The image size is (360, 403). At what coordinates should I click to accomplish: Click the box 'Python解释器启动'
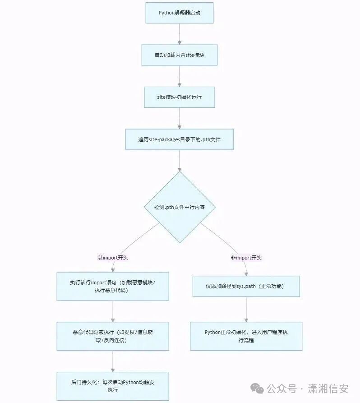(179, 13)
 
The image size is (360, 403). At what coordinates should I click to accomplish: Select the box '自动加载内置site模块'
(180, 55)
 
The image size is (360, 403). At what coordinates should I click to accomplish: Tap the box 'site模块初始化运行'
(179, 97)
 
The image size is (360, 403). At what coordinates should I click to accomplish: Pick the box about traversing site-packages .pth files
(180, 139)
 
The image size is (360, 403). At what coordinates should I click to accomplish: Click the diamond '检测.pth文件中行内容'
(180, 207)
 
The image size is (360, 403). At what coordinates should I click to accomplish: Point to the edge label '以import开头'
(113, 258)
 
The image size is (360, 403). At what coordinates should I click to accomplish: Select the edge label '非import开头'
(246, 258)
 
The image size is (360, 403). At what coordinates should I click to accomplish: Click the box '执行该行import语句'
(112, 286)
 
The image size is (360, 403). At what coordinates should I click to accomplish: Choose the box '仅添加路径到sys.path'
(246, 286)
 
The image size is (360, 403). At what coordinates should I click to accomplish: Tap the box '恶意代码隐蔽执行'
(112, 336)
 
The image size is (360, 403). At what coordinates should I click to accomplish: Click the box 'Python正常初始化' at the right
(246, 336)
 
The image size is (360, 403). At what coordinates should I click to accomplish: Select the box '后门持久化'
(112, 386)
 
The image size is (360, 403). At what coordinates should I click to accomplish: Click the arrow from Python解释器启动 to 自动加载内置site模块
(180, 34)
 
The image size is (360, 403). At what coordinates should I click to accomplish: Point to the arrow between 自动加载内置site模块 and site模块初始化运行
(180, 76)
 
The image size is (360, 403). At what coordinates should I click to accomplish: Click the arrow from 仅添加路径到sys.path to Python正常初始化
(246, 309)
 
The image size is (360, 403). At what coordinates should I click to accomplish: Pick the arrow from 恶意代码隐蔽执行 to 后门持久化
(112, 361)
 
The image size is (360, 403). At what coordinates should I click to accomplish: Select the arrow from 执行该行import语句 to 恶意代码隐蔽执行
(112, 311)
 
